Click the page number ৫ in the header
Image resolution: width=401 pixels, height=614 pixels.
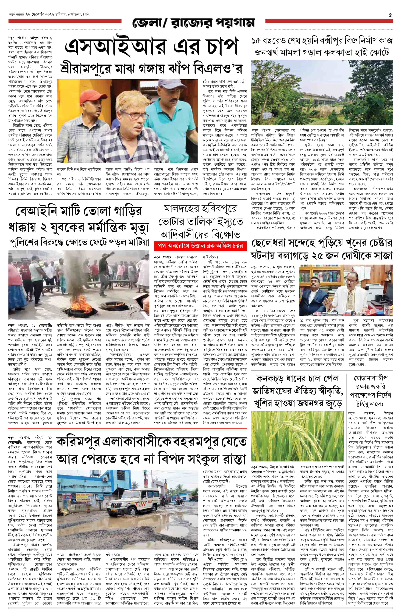click(390, 15)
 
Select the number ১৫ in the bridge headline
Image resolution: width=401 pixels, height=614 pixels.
click(258, 41)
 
